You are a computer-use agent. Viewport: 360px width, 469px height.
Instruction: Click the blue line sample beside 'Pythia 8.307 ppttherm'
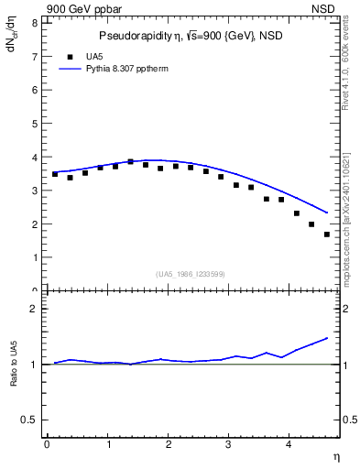70,69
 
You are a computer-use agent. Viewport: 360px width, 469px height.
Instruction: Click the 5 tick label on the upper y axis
33,123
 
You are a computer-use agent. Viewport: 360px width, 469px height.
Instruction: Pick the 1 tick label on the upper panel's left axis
33,257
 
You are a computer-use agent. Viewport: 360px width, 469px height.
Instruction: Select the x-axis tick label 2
169,444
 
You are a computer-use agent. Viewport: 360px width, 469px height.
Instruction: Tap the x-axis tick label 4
289,444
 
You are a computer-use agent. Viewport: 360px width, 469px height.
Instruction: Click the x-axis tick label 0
47,444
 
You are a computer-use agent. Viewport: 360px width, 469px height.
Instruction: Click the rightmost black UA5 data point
327,234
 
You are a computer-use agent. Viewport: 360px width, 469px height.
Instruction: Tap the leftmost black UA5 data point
55,174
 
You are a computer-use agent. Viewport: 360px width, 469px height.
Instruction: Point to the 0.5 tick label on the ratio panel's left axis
29,420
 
